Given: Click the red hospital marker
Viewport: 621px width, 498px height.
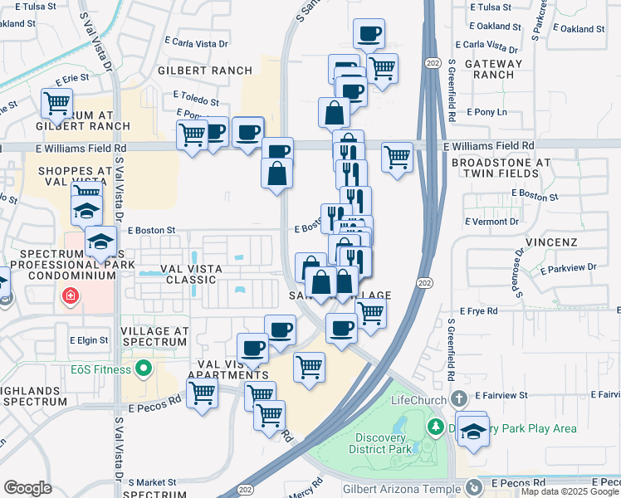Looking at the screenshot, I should [x=71, y=295].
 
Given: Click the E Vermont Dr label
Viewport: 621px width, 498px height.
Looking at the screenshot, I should [x=493, y=222].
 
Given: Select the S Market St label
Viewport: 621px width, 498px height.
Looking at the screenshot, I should [x=152, y=481].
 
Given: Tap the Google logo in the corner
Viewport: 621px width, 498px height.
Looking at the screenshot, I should [x=27, y=488].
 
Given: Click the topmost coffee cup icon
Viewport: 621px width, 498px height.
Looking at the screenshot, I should [x=368, y=35].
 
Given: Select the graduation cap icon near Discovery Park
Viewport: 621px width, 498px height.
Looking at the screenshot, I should [x=472, y=430].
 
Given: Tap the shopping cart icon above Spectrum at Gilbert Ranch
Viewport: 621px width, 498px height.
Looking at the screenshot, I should [x=57, y=105].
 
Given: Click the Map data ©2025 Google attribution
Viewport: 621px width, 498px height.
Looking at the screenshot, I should [x=570, y=491].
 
